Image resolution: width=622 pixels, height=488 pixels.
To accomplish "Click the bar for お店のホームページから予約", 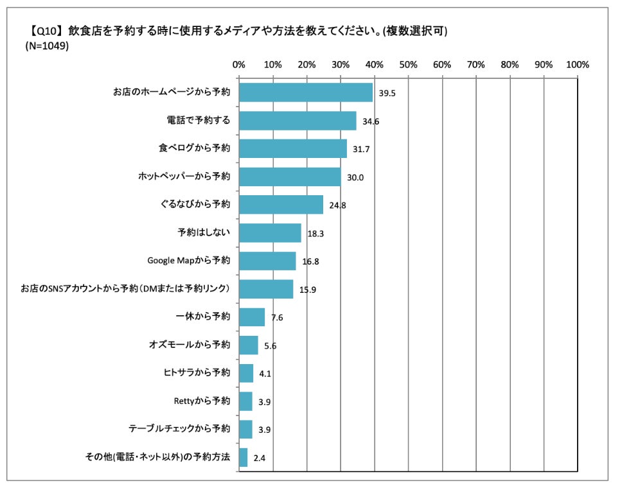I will [x=305, y=92].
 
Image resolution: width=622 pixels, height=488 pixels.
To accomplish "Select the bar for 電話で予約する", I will [x=297, y=121].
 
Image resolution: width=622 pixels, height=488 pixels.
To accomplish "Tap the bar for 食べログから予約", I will [x=292, y=148].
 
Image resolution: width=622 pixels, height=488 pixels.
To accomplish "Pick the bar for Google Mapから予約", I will [x=267, y=261].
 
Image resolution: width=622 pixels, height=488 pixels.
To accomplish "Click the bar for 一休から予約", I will [x=251, y=317].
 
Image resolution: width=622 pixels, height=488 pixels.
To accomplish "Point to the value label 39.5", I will [x=387, y=93].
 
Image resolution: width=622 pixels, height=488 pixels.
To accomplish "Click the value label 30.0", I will [x=355, y=177].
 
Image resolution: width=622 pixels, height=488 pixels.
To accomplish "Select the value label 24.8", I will [x=337, y=205].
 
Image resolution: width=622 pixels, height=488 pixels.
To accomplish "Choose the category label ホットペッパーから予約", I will [x=184, y=176].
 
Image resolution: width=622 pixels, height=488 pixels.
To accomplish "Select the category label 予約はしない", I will [x=203, y=232].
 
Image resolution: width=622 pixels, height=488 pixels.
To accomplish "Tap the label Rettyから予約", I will [x=202, y=401].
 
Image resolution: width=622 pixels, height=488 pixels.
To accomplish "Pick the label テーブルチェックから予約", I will [x=179, y=429].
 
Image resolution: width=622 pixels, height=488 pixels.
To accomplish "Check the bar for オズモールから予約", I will [x=248, y=345].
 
